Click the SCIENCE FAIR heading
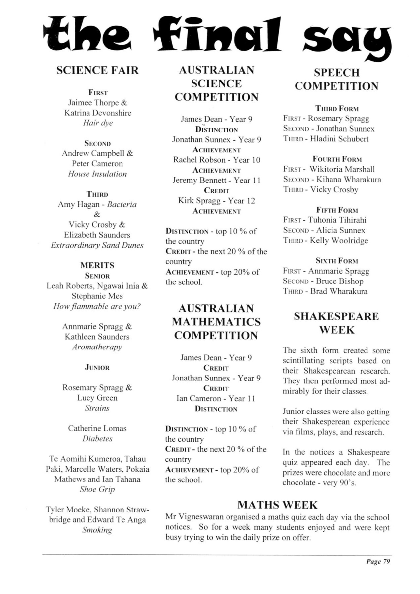[x=97, y=70]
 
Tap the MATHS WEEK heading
[x=277, y=505]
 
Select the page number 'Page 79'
[x=378, y=561]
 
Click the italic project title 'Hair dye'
[x=97, y=123]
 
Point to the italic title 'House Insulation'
[x=97, y=174]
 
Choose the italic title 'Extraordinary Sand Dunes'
[x=97, y=245]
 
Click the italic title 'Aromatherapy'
[x=97, y=347]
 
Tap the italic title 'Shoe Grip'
[x=97, y=489]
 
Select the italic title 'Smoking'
[x=97, y=530]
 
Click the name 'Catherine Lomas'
[x=97, y=428]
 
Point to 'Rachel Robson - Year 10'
[x=217, y=160]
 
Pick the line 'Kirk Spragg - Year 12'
[x=217, y=201]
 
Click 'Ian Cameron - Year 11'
[x=216, y=398]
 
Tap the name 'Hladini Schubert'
[x=339, y=139]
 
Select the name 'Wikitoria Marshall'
[x=342, y=169]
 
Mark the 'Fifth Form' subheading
[x=337, y=210]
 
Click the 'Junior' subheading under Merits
[x=97, y=367]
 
